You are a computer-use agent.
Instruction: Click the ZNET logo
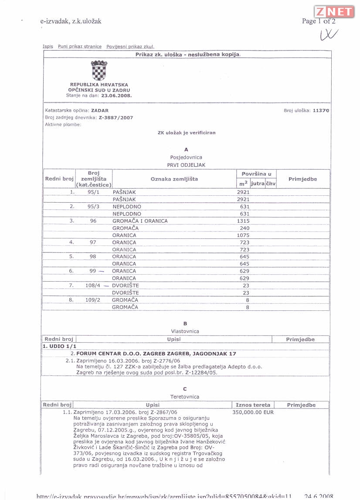[333, 12]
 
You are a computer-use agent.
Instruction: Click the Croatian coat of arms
[99, 70]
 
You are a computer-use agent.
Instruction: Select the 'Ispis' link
[48, 47]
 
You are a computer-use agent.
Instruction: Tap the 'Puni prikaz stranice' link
[79, 47]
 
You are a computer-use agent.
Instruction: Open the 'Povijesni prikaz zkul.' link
[130, 47]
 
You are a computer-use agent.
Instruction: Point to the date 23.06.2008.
[116, 95]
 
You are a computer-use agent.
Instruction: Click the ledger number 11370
[321, 111]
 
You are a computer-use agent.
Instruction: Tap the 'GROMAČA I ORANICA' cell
[140, 221]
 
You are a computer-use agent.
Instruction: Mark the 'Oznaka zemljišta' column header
[174, 179]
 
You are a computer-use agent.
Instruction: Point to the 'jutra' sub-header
[258, 184]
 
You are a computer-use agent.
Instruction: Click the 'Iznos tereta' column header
[253, 405]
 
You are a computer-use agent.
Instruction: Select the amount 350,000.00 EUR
[253, 412]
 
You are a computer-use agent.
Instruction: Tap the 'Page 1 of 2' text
[319, 21]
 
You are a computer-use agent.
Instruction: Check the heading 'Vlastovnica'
[185, 331]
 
